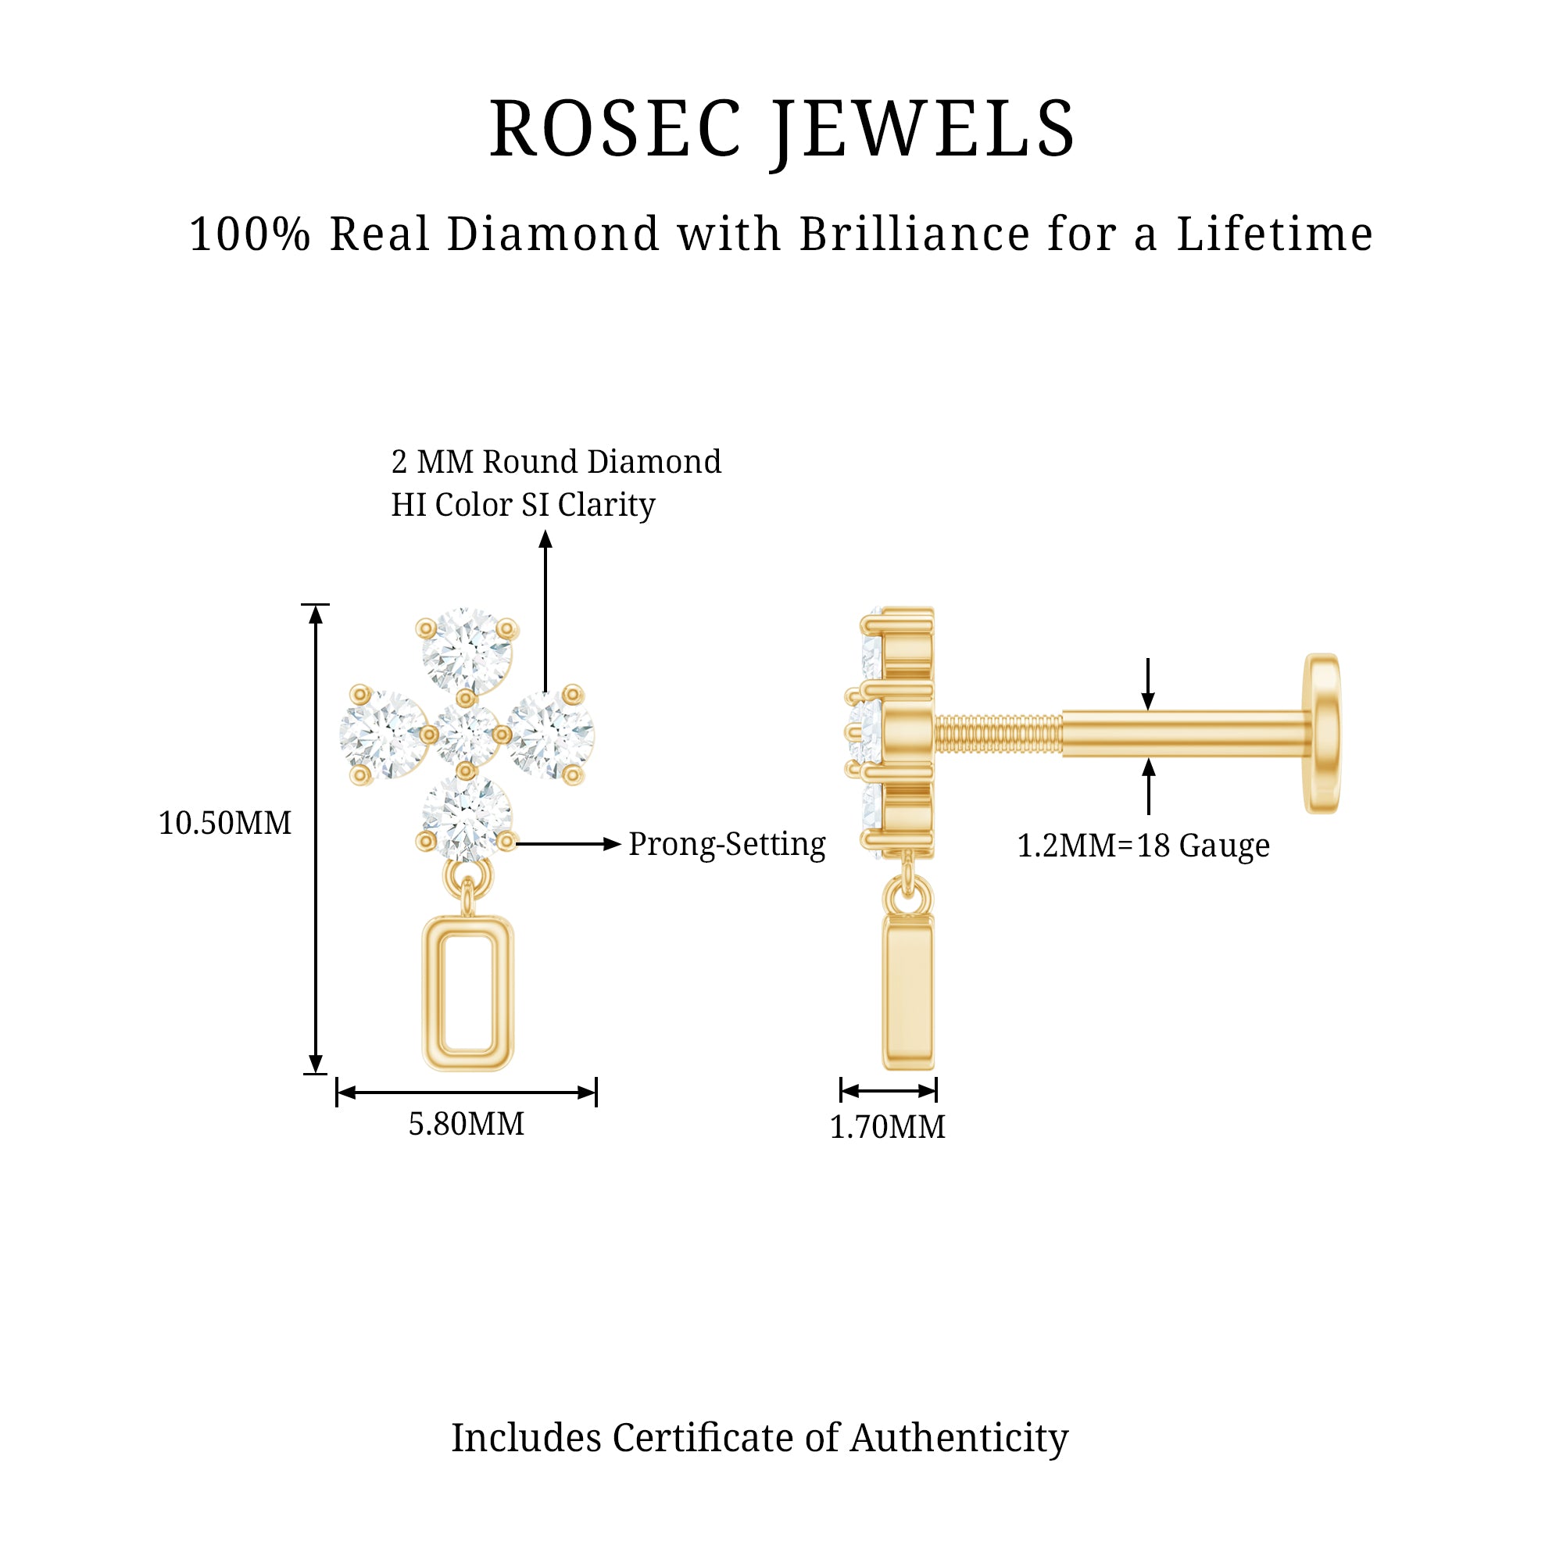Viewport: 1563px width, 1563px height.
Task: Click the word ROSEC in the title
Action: [615, 130]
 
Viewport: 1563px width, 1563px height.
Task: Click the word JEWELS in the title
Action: [923, 130]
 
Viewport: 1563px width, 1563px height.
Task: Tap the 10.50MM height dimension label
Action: [225, 824]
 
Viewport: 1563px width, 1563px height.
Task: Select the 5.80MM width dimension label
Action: [466, 1125]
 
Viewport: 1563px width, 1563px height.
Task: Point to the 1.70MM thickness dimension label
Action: [888, 1127]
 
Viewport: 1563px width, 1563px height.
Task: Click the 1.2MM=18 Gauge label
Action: [1143, 846]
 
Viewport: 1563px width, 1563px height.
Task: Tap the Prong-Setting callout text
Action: [727, 844]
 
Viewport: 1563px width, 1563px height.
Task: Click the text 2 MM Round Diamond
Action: [556, 462]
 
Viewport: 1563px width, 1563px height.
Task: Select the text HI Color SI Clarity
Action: [523, 505]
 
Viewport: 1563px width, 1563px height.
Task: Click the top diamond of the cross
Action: [467, 650]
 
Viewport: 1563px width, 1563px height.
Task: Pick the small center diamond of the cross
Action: [466, 734]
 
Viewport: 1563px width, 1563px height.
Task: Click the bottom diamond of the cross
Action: [467, 818]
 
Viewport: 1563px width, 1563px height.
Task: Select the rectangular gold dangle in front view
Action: [468, 993]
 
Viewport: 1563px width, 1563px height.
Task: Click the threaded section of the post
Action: [998, 735]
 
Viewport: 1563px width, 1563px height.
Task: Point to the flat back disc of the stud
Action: [1321, 734]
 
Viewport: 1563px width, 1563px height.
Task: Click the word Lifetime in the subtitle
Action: [1274, 234]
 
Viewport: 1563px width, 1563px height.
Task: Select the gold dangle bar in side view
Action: [909, 993]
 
